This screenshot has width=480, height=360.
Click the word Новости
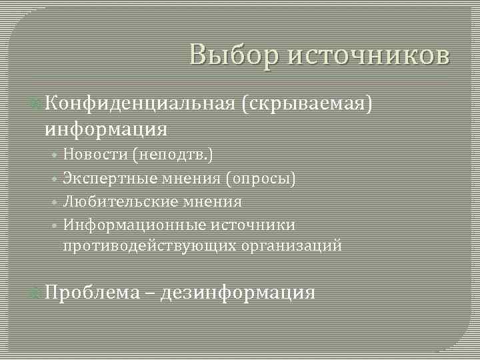[x=95, y=155]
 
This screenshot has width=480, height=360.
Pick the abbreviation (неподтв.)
[x=173, y=155]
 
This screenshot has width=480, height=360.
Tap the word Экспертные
[x=111, y=178]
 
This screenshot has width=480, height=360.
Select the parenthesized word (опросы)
[x=261, y=178]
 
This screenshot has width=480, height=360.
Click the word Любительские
[x=118, y=201]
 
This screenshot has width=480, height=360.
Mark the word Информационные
[x=129, y=224]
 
